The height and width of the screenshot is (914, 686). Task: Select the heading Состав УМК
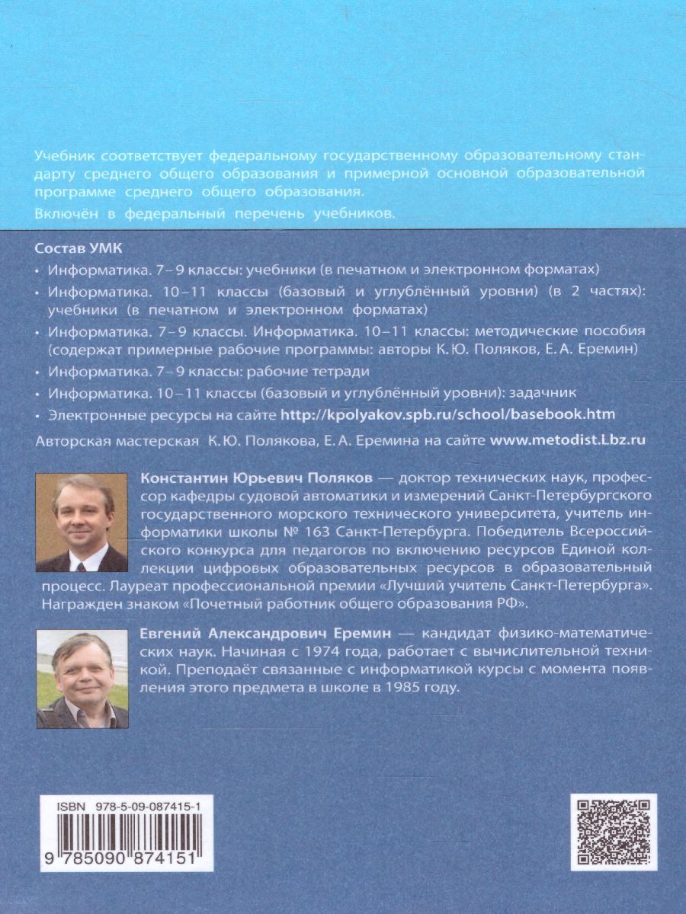click(x=79, y=249)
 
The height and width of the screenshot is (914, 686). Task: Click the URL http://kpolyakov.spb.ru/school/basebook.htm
click(x=448, y=414)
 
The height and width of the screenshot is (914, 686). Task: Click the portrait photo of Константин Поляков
click(x=82, y=522)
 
